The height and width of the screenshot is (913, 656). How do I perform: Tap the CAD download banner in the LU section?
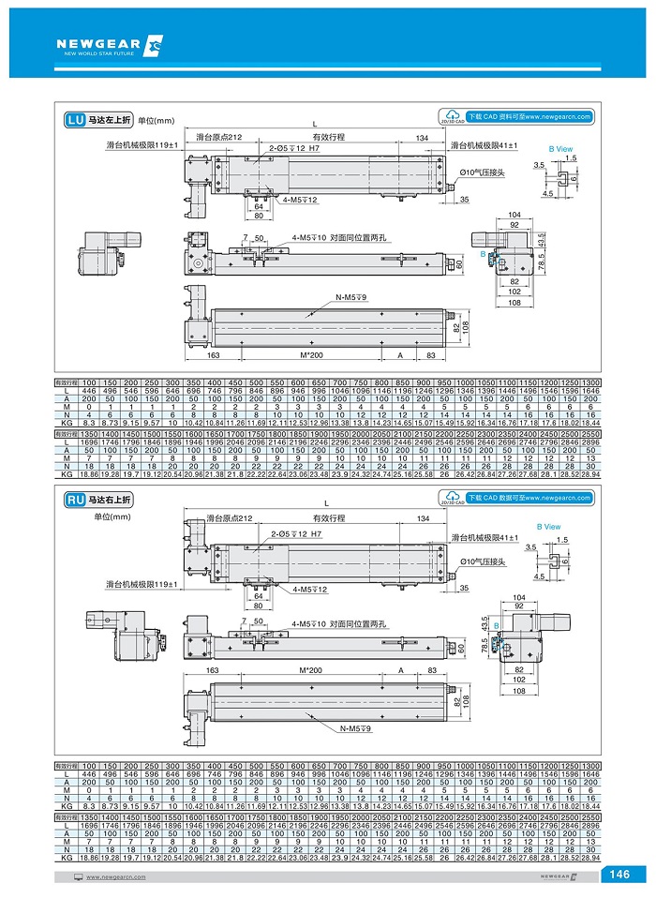pos(516,117)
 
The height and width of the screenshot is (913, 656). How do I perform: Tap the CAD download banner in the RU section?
pos(516,498)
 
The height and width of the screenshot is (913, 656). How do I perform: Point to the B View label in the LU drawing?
pos(560,149)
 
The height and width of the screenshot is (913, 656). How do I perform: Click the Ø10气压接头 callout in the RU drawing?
pos(483,561)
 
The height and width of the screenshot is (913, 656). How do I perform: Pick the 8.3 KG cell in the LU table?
pos(89,424)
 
